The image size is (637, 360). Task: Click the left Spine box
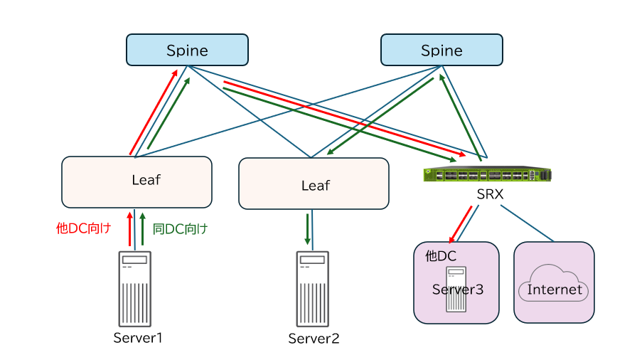point(187,50)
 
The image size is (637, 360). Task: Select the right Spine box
point(441,50)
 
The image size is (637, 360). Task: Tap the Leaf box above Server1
point(136,182)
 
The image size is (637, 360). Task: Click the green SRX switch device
point(487,174)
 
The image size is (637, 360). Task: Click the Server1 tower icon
point(135,289)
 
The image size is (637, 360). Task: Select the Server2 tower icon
point(313,289)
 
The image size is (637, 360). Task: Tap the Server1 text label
point(138,337)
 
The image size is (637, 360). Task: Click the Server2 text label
point(314,339)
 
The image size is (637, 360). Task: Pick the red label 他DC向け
point(83,228)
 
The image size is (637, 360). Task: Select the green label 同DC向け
point(181,228)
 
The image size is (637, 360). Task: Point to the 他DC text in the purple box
point(440,255)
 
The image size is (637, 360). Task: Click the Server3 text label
point(457,290)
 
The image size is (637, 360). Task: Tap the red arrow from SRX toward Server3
point(460,224)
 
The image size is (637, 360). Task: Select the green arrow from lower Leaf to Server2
point(308,228)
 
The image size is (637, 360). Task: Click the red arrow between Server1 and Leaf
point(129,228)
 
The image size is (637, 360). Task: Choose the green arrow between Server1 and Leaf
point(142,228)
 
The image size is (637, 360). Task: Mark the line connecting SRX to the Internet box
point(527,222)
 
